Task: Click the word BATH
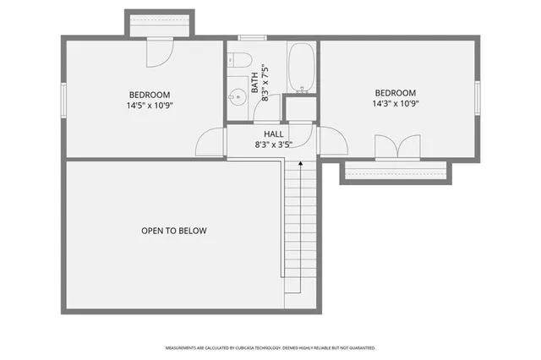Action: point(254,82)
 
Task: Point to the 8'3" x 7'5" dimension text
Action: point(265,82)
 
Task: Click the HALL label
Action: point(273,134)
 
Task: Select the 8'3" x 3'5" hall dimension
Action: point(273,145)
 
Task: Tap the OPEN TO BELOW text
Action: point(174,231)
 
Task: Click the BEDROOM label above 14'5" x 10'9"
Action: point(150,95)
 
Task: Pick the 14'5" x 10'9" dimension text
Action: point(150,106)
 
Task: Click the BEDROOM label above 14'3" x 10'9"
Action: point(396,93)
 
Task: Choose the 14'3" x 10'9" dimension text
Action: point(396,104)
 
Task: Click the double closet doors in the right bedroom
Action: point(396,147)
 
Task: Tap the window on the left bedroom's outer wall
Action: point(63,98)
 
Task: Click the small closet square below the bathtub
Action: point(299,108)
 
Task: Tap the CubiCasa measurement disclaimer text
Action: point(270,347)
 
